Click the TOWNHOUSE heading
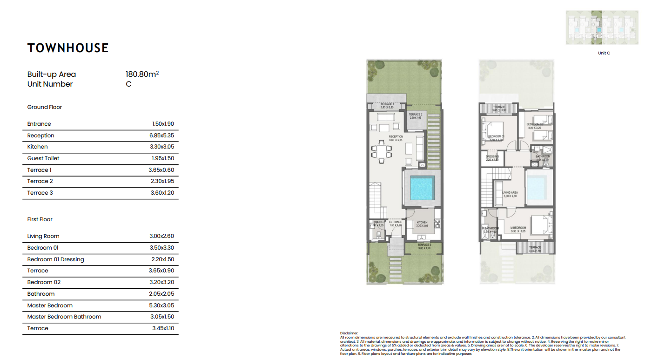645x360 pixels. pyautogui.click(x=68, y=48)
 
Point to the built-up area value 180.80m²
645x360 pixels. pyautogui.click(x=142, y=74)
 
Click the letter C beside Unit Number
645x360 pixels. pyautogui.click(x=128, y=84)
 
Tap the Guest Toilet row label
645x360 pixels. pyautogui.click(x=43, y=158)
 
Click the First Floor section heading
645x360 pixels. pyautogui.click(x=40, y=219)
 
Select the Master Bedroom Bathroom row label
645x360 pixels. pyautogui.click(x=64, y=317)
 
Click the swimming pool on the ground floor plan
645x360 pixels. pyautogui.click(x=422, y=189)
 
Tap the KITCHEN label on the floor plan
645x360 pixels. pyautogui.click(x=422, y=223)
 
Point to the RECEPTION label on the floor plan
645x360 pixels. pyautogui.click(x=396, y=137)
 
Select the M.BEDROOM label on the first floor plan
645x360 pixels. pyautogui.click(x=517, y=228)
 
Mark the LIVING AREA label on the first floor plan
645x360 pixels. pyautogui.click(x=510, y=192)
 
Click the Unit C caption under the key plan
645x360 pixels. pyautogui.click(x=604, y=53)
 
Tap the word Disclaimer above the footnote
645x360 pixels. pyautogui.click(x=349, y=333)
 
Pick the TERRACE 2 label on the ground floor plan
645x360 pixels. pyautogui.click(x=416, y=115)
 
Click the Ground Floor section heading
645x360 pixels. pyautogui.click(x=45, y=107)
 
